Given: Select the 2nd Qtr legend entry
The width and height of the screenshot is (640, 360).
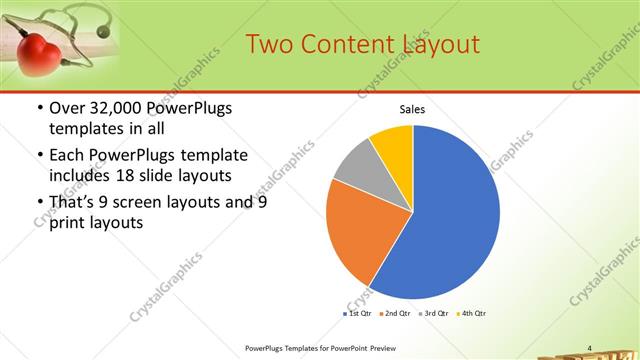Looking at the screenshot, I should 397,314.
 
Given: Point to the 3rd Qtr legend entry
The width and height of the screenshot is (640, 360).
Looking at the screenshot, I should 434,314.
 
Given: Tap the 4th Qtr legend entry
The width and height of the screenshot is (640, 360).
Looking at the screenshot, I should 472,314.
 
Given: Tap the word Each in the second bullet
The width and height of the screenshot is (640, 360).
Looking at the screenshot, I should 69,155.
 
